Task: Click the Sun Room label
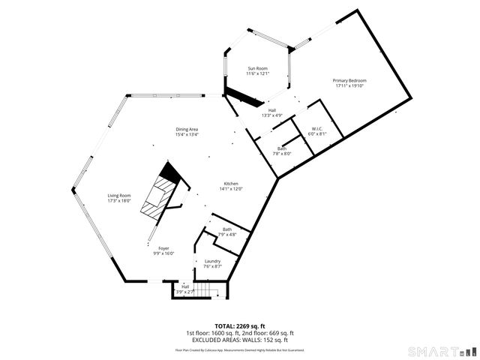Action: point(257,69)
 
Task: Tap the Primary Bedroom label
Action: point(350,80)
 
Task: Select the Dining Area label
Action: point(187,130)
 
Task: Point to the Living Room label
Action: point(119,196)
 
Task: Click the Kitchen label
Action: point(230,184)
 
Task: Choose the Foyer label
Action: point(163,248)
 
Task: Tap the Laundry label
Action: point(212,261)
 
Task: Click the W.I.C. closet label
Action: point(318,129)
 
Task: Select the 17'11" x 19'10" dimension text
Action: point(350,85)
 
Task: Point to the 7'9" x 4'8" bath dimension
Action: point(226,235)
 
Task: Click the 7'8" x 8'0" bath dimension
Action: point(282,154)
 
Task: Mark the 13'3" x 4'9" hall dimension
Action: point(271,115)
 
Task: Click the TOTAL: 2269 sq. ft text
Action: point(239,326)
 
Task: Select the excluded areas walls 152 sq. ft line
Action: point(239,339)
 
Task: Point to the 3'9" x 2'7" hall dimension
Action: point(185,291)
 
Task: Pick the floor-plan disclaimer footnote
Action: point(239,349)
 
